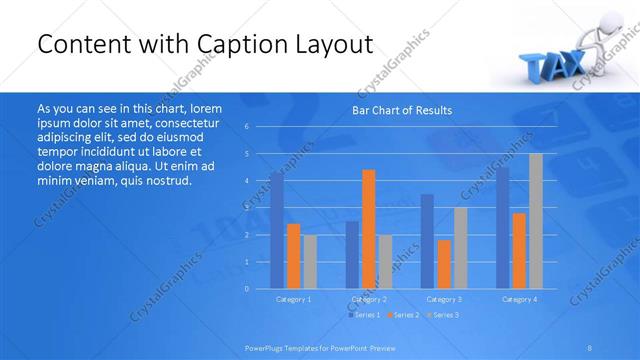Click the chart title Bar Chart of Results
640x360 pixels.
[x=401, y=110]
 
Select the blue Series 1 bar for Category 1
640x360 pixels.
[x=277, y=230]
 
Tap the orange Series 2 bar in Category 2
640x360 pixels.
[x=368, y=229]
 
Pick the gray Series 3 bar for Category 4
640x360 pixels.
[x=536, y=221]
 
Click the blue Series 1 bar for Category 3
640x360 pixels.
[x=427, y=241]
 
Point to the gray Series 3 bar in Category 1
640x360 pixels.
[x=310, y=262]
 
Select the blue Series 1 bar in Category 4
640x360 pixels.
[x=503, y=228]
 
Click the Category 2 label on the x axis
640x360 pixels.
[x=369, y=299]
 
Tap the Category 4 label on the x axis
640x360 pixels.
[x=519, y=299]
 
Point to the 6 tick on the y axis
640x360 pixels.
[x=247, y=127]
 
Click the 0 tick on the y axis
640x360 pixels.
[x=247, y=289]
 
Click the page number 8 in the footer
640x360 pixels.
[x=590, y=347]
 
